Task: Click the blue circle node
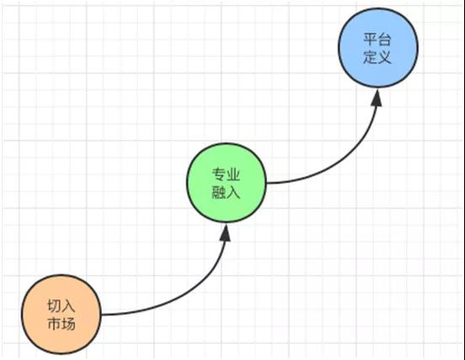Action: pyautogui.click(x=378, y=47)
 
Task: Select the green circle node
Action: pyautogui.click(x=227, y=182)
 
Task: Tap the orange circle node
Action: pyautogui.click(x=61, y=314)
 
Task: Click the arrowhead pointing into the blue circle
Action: pyautogui.click(x=377, y=97)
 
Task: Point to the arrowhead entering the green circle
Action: pyautogui.click(x=226, y=232)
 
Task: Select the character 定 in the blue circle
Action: pyautogui.click(x=371, y=56)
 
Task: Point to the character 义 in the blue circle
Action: pyautogui.click(x=385, y=56)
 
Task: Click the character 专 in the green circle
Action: pyautogui.click(x=218, y=175)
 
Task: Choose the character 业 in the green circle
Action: pyautogui.click(x=232, y=175)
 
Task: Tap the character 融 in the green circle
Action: pyautogui.click(x=218, y=192)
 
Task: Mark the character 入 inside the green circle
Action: pyautogui.click(x=232, y=192)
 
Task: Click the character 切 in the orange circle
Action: pyautogui.click(x=54, y=306)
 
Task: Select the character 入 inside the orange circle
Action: pyautogui.click(x=68, y=306)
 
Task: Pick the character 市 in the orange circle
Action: pyautogui.click(x=54, y=324)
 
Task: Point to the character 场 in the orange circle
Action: pyautogui.click(x=68, y=324)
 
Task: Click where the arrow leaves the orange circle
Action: pyautogui.click(x=101, y=314)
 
